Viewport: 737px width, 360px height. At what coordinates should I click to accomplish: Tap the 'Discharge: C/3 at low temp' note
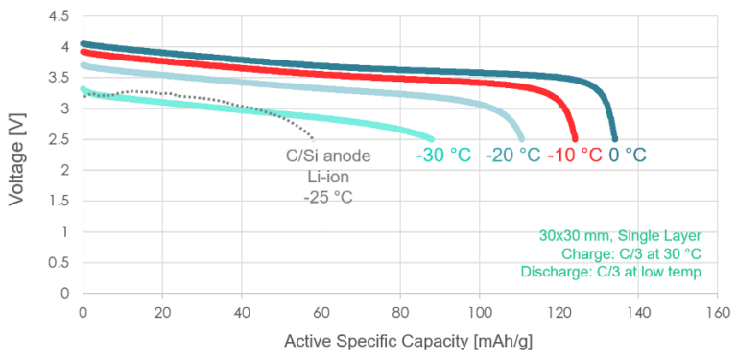coord(611,273)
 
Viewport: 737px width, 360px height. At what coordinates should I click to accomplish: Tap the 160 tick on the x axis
coord(716,313)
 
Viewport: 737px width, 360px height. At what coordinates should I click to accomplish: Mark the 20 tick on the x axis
coord(162,313)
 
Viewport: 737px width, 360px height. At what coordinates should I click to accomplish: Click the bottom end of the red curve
coord(575,138)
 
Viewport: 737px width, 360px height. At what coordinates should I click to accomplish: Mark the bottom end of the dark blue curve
coord(614,138)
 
